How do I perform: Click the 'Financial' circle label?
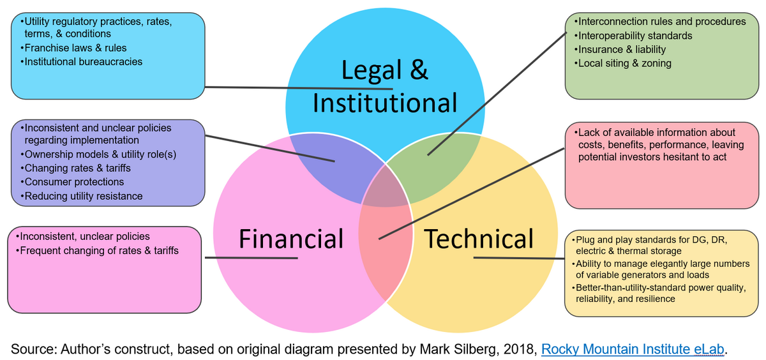[291, 239]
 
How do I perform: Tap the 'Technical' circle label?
[479, 239]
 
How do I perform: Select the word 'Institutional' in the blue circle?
[385, 103]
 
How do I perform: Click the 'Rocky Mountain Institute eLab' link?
[633, 349]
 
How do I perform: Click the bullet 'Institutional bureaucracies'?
[82, 61]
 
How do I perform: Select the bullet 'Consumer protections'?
[72, 182]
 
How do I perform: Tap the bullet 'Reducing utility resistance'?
[82, 196]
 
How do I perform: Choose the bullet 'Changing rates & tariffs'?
[75, 169]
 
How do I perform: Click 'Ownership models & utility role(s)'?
[98, 154]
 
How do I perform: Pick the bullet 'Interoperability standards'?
[633, 36]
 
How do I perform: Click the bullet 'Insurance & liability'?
[620, 49]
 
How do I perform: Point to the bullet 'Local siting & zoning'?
[623, 63]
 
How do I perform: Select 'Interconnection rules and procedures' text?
[659, 22]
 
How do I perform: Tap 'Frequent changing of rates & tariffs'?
[97, 251]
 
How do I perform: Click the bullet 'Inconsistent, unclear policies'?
[83, 236]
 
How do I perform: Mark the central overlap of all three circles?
[386, 188]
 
